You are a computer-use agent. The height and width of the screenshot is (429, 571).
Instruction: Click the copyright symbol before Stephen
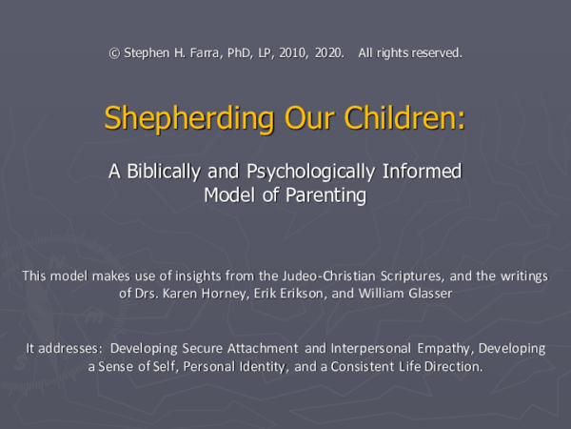point(115,52)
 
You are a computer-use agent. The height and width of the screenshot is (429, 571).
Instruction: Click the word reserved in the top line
point(436,52)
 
